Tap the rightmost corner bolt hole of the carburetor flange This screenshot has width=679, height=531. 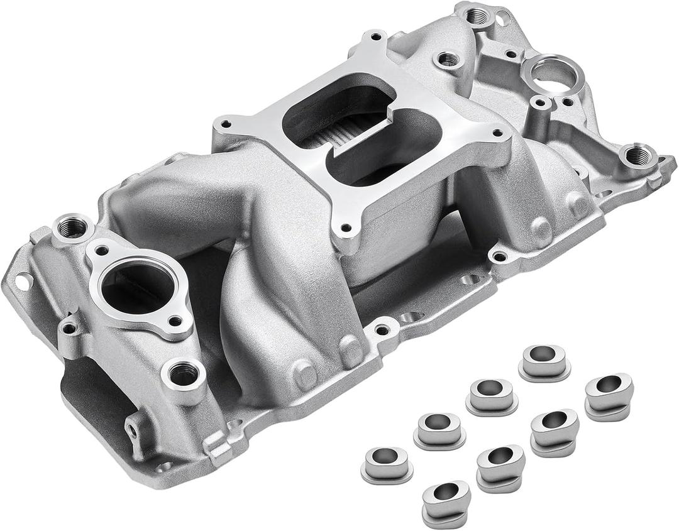tap(497, 133)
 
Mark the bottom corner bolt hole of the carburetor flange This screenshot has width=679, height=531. tap(343, 231)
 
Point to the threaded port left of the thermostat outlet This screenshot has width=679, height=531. tap(72, 227)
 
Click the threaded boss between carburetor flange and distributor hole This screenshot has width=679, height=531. tap(448, 60)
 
